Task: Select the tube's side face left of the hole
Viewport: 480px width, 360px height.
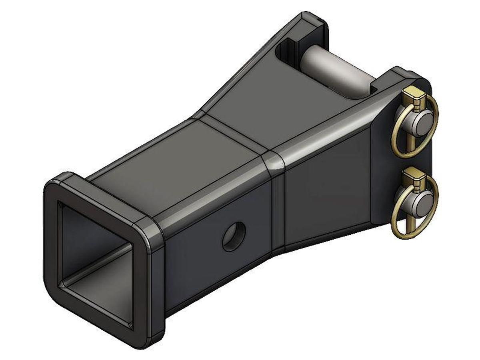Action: click(192, 260)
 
